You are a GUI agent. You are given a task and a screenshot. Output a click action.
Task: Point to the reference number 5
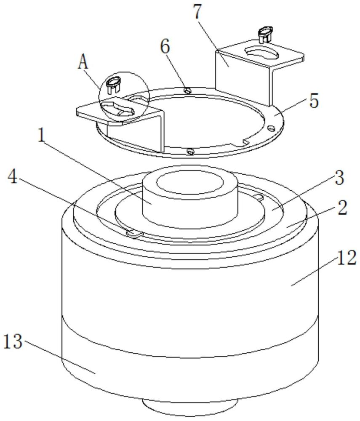314,101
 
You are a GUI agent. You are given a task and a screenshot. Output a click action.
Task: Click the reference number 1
41,136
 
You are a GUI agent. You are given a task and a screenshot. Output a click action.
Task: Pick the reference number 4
12,178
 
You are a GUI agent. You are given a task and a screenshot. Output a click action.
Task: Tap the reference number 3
339,178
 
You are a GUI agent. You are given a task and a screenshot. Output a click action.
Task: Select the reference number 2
342,208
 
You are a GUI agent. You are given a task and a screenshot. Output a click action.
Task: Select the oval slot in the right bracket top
263,54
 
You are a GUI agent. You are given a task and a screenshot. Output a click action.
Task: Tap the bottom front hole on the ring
190,152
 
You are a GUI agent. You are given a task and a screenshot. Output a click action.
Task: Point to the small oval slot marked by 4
135,233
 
